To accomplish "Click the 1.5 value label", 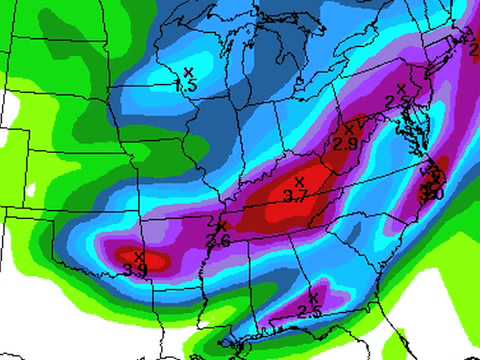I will tap(186, 87).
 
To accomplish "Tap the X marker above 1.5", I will tap(188, 71).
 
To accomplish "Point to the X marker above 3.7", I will tap(298, 181).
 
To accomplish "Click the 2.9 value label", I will tap(345, 144).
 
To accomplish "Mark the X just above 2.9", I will tap(349, 128).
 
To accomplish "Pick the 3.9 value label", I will tap(137, 270).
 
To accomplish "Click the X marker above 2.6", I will tap(221, 227).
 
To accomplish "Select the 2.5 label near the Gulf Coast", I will tap(309, 312).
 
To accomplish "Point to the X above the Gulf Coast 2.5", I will tap(313, 297).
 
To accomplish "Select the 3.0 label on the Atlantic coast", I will tap(433, 192).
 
